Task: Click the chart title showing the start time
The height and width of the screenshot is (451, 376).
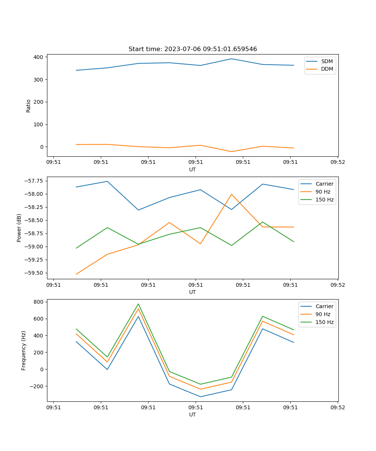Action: click(193, 49)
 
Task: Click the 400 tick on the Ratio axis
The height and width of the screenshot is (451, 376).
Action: click(39, 57)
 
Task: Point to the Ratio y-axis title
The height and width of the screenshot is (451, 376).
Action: click(29, 106)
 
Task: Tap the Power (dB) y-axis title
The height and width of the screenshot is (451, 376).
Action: click(19, 228)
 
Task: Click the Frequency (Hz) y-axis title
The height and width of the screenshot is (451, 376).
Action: click(24, 350)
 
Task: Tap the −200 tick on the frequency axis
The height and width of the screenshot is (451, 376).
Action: click(36, 386)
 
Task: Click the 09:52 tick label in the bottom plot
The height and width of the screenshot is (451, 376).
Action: click(337, 407)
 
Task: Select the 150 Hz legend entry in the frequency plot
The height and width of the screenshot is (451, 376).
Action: click(324, 322)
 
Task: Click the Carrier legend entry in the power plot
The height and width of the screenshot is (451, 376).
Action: click(324, 184)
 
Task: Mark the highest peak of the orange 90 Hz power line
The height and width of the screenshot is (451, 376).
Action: click(232, 194)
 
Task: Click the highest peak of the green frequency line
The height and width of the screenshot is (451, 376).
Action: click(138, 304)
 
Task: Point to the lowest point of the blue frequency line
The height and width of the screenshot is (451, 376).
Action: click(200, 397)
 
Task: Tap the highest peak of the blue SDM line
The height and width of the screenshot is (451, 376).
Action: click(232, 59)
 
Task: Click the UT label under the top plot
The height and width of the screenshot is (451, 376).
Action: click(193, 170)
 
